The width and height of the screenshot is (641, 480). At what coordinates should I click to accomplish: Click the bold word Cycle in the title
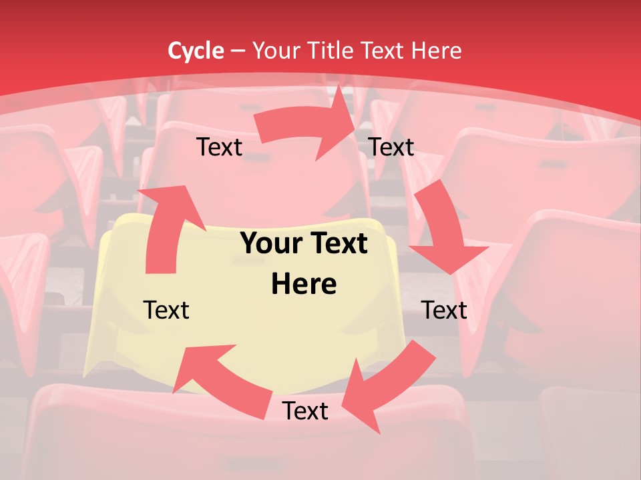[x=196, y=50]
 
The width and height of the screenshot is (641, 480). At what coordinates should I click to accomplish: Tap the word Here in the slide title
[x=437, y=50]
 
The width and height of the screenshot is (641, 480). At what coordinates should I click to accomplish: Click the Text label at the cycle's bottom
[x=305, y=411]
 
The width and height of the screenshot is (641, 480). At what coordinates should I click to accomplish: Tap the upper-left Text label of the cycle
[x=220, y=147]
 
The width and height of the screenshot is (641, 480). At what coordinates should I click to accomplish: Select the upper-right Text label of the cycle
[x=391, y=147]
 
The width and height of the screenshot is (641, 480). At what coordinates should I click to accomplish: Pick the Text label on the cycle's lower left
[x=167, y=310]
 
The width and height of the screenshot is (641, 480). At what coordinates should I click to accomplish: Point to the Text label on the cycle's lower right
[x=444, y=310]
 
